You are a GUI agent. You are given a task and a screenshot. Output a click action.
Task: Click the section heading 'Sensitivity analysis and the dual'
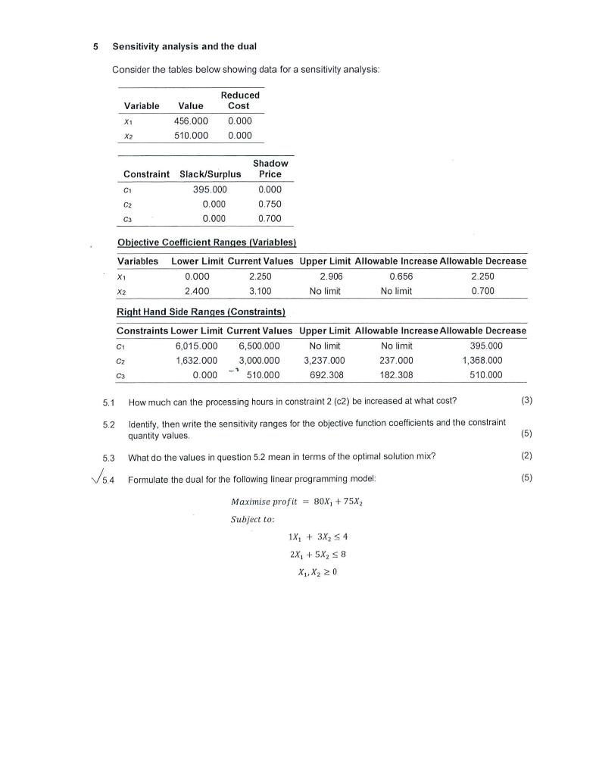[x=184, y=47]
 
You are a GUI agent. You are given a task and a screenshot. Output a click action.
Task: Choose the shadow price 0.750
[x=270, y=205]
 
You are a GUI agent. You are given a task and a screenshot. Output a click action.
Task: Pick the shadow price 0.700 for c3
[x=270, y=219]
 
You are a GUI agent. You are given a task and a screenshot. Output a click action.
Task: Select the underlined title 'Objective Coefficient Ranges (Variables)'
[x=206, y=242]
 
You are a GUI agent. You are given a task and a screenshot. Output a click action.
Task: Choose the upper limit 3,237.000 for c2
[x=324, y=360]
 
